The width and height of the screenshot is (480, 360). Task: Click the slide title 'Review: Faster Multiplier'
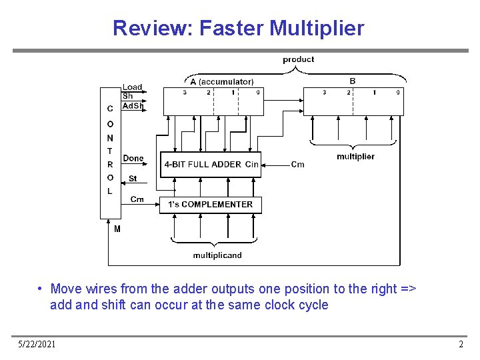(239, 29)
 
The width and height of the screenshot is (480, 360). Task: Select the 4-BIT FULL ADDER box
(210, 164)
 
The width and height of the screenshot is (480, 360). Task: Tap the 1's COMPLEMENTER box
(210, 204)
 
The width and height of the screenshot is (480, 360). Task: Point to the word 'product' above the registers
(298, 59)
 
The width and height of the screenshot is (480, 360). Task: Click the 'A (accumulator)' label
(221, 81)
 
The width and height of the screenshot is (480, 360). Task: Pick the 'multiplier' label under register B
(355, 157)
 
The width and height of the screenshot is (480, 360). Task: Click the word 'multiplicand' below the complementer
(217, 255)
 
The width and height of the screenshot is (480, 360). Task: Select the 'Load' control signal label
(132, 87)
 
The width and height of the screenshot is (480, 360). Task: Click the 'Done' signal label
(133, 158)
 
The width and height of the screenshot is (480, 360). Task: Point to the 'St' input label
(133, 179)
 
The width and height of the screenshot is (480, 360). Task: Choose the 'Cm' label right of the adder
(298, 165)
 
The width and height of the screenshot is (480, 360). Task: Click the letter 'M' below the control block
(117, 229)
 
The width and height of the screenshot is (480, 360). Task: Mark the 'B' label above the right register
(353, 81)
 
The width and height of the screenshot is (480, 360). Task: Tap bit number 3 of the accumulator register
(185, 92)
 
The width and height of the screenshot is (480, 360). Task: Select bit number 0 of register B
(397, 92)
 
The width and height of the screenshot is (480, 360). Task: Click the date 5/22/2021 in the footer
(37, 344)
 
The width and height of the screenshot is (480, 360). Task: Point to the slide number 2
(461, 344)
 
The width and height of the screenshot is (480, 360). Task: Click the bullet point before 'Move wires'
(41, 289)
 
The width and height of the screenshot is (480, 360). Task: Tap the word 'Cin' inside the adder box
(251, 164)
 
